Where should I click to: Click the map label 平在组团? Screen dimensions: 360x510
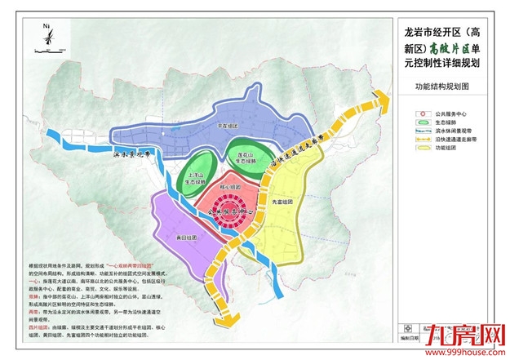(x=228, y=127)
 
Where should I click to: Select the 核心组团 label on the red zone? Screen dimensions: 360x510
(x=230, y=188)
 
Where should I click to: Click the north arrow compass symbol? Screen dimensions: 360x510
(x=47, y=37)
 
